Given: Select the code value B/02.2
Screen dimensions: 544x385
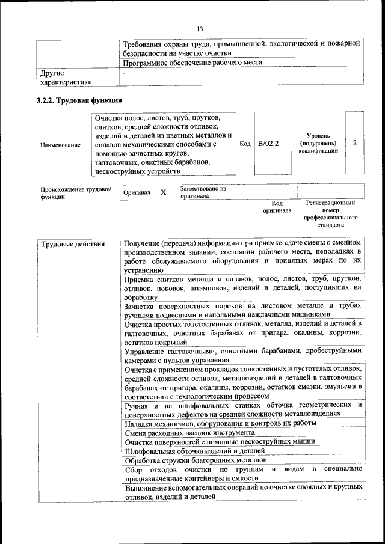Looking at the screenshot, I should (268, 144).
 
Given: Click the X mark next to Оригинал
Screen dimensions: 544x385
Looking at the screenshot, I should (162, 192).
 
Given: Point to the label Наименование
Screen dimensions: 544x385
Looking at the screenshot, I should (60, 145).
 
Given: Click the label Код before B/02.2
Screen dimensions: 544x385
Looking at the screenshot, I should (245, 144).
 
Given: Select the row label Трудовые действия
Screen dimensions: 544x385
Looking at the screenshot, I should (73, 244).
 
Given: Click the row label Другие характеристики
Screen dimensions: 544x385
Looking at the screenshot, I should (66, 78).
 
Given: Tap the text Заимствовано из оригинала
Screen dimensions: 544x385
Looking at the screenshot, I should (203, 192).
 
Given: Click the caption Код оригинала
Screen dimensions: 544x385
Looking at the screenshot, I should (277, 207).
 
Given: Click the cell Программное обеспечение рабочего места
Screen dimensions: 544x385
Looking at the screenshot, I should (192, 63).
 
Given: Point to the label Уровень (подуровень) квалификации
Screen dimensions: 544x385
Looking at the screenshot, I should (318, 144).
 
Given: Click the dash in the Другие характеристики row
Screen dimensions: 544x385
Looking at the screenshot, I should (124, 73).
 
